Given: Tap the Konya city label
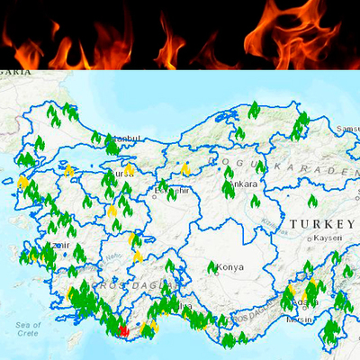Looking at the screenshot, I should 230,267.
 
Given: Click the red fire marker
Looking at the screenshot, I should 124,330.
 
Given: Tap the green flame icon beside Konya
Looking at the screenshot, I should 212,267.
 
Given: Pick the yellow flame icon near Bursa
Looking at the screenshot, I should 129,168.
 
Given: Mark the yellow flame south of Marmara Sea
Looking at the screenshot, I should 68,169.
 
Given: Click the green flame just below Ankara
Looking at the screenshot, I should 255,201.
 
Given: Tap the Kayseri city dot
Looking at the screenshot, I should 310,238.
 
